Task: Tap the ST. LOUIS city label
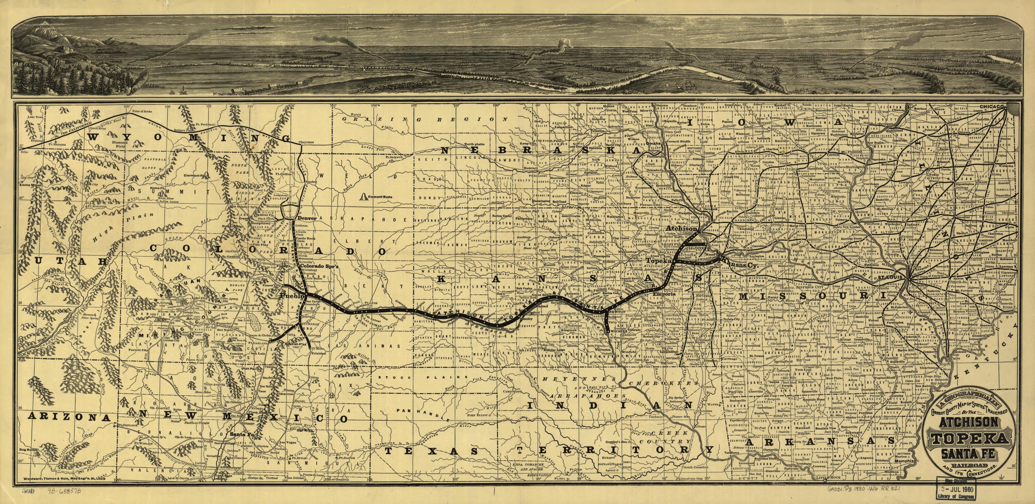coord(887,277)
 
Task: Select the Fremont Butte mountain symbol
coord(364,197)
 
